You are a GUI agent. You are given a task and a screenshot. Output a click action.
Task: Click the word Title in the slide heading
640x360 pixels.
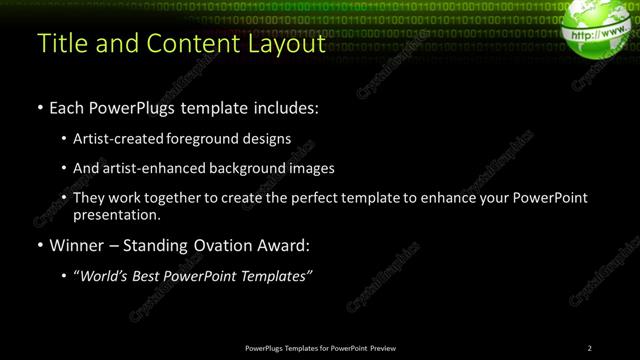click(60, 44)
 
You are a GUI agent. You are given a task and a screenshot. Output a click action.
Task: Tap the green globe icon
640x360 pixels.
click(600, 31)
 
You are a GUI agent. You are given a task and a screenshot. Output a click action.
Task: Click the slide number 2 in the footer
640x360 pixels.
click(590, 347)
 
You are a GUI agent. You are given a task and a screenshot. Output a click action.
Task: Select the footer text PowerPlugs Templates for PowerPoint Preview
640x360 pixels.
click(320, 347)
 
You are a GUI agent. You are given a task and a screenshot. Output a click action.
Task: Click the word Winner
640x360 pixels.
click(78, 244)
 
